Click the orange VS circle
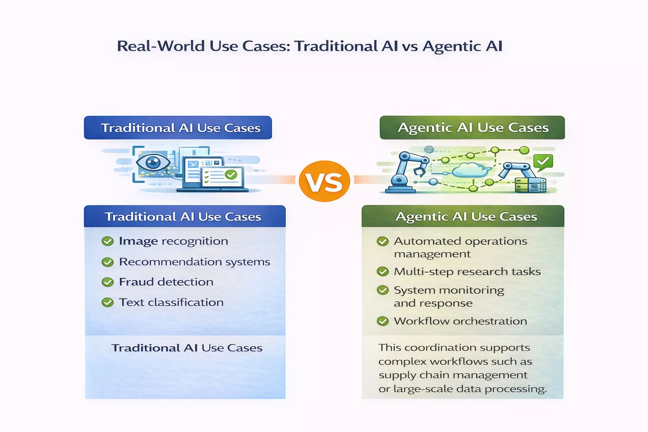tap(324, 181)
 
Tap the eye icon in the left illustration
tap(153, 162)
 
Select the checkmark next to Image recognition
tap(108, 241)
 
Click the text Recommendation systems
tap(194, 262)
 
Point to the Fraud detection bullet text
tap(166, 282)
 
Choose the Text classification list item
tap(171, 302)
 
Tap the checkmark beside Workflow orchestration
tap(383, 321)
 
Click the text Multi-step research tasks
tap(467, 272)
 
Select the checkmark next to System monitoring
tap(383, 290)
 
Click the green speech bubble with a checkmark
tap(543, 162)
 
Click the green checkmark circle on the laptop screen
tap(231, 174)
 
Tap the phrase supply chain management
tap(453, 375)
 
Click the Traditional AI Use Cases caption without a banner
tap(186, 348)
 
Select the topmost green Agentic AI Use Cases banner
tap(472, 127)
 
